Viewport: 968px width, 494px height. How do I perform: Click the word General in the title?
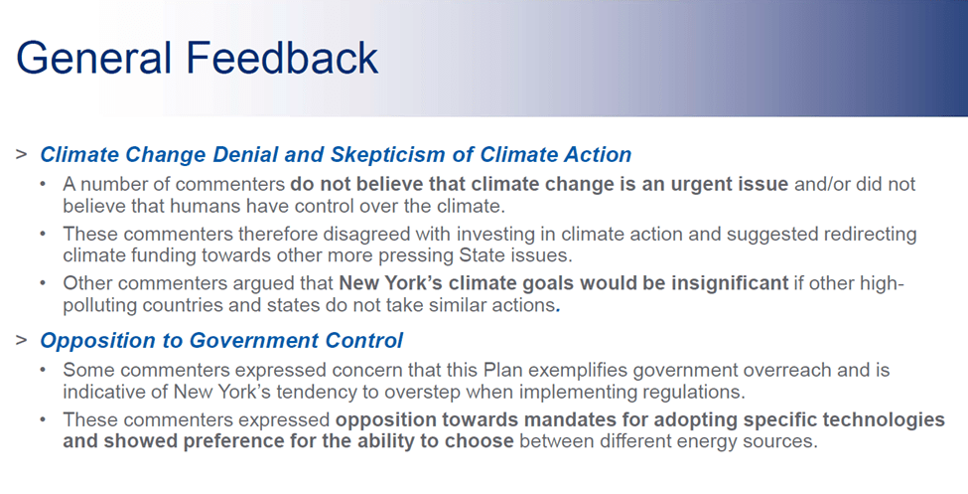(93, 58)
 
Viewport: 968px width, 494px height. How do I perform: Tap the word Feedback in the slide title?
(282, 58)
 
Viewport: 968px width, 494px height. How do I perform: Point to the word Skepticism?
(387, 155)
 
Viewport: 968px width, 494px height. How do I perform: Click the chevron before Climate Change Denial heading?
(22, 154)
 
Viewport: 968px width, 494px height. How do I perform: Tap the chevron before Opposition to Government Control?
(22, 339)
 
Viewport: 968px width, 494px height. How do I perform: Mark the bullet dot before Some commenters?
(44, 371)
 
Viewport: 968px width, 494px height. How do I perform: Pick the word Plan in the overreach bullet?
(503, 371)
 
